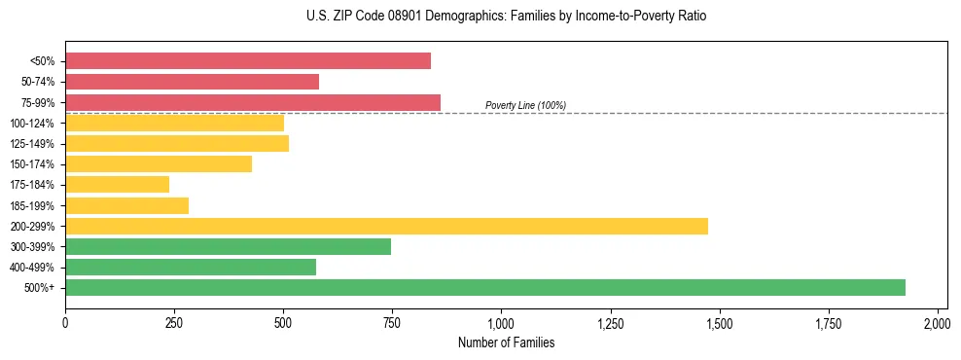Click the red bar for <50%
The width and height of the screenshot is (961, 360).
coord(248,61)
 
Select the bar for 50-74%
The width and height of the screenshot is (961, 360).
coord(192,82)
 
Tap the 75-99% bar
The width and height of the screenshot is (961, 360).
coord(253,102)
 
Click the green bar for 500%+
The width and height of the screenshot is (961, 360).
coord(485,287)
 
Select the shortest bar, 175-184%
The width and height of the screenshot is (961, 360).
coord(118,184)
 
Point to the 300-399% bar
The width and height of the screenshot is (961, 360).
coord(228,246)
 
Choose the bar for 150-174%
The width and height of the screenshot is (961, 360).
coord(159,163)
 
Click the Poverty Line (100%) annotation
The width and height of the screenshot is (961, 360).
coord(525,105)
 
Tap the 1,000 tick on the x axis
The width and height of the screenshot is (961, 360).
coord(501,322)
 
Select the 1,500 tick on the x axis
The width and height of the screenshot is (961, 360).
coord(719,322)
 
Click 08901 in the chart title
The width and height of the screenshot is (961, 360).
coord(397,17)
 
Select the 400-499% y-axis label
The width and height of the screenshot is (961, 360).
coord(32,268)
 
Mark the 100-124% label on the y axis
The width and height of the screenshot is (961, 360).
coord(32,124)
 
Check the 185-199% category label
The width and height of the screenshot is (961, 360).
coord(32,205)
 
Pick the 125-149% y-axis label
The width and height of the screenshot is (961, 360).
coord(32,144)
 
